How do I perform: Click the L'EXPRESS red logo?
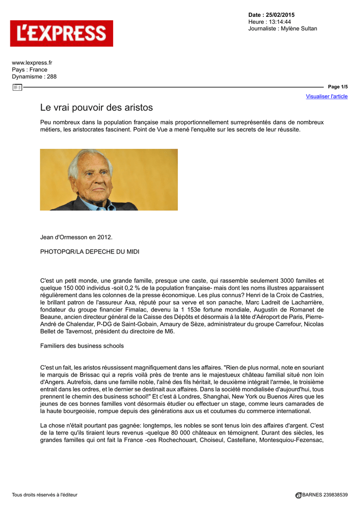[62, 33]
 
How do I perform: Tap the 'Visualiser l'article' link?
[327, 96]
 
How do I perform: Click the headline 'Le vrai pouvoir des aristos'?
[96, 107]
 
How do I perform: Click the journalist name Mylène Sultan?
[298, 29]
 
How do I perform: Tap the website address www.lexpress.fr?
[32, 63]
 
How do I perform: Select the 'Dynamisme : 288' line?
[34, 76]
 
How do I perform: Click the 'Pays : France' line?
[30, 69]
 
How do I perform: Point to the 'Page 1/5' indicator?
[338, 87]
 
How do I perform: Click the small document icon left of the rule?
[17, 87]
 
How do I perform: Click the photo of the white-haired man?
[109, 180]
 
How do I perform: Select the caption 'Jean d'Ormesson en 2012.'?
[76, 237]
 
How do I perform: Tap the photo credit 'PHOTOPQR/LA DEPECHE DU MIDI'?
[89, 252]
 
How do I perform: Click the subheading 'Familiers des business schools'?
[82, 345]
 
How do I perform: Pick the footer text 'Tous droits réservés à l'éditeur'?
[45, 495]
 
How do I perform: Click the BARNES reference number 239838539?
[333, 495]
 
